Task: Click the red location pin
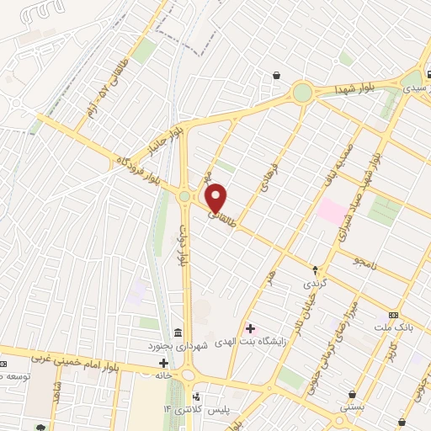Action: pos(216,197)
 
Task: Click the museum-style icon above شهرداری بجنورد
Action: pos(178,333)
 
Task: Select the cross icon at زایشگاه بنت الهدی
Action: pos(250,327)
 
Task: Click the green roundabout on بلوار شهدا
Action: pos(302,92)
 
